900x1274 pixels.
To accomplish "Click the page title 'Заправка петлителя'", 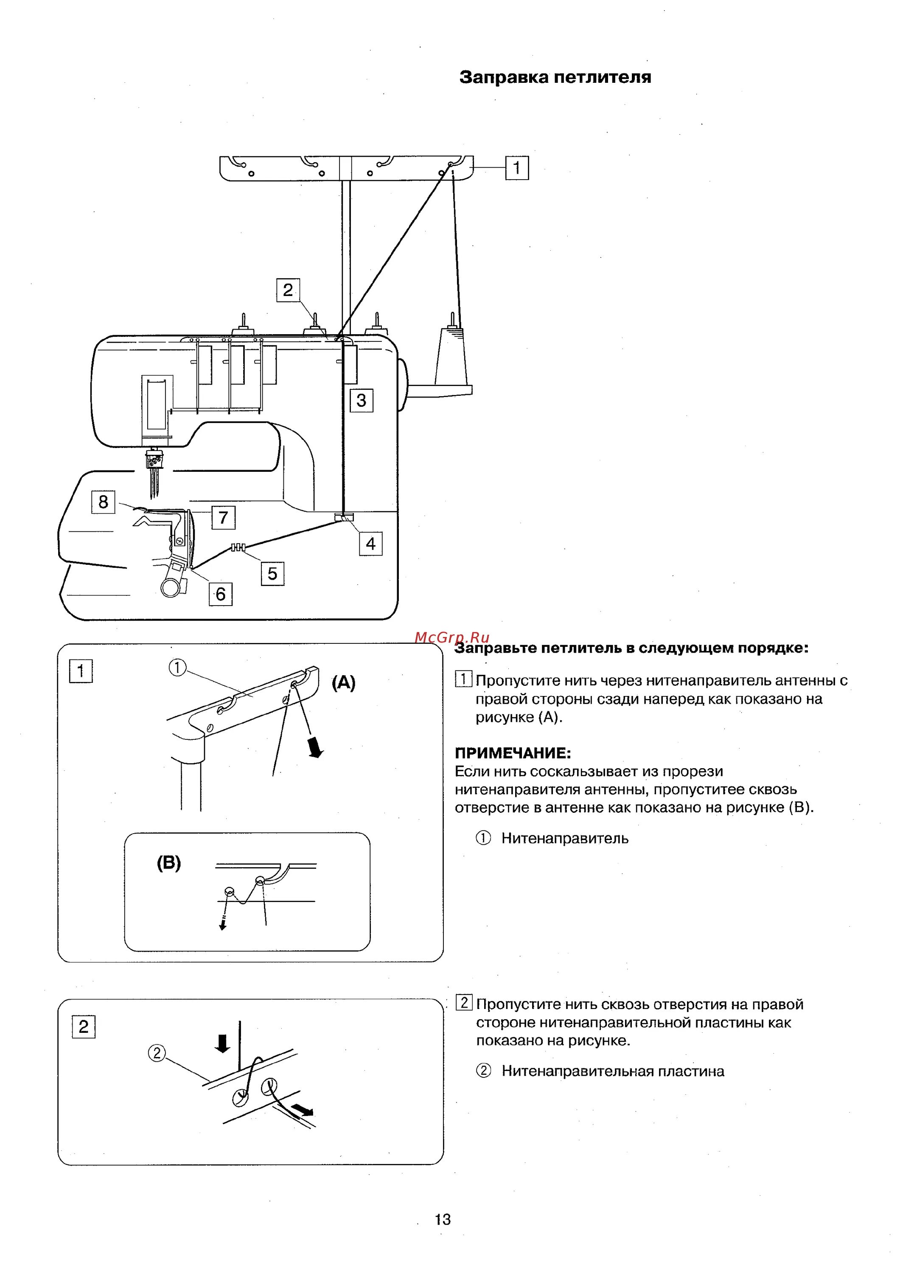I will [x=555, y=77].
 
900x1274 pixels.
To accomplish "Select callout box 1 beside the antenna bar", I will [x=517, y=168].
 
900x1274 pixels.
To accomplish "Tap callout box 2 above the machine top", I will [x=288, y=290].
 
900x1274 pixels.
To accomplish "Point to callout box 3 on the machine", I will [x=361, y=400].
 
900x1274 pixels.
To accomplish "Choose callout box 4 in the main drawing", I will [x=370, y=543].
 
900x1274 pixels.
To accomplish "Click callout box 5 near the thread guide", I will [x=272, y=574].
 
